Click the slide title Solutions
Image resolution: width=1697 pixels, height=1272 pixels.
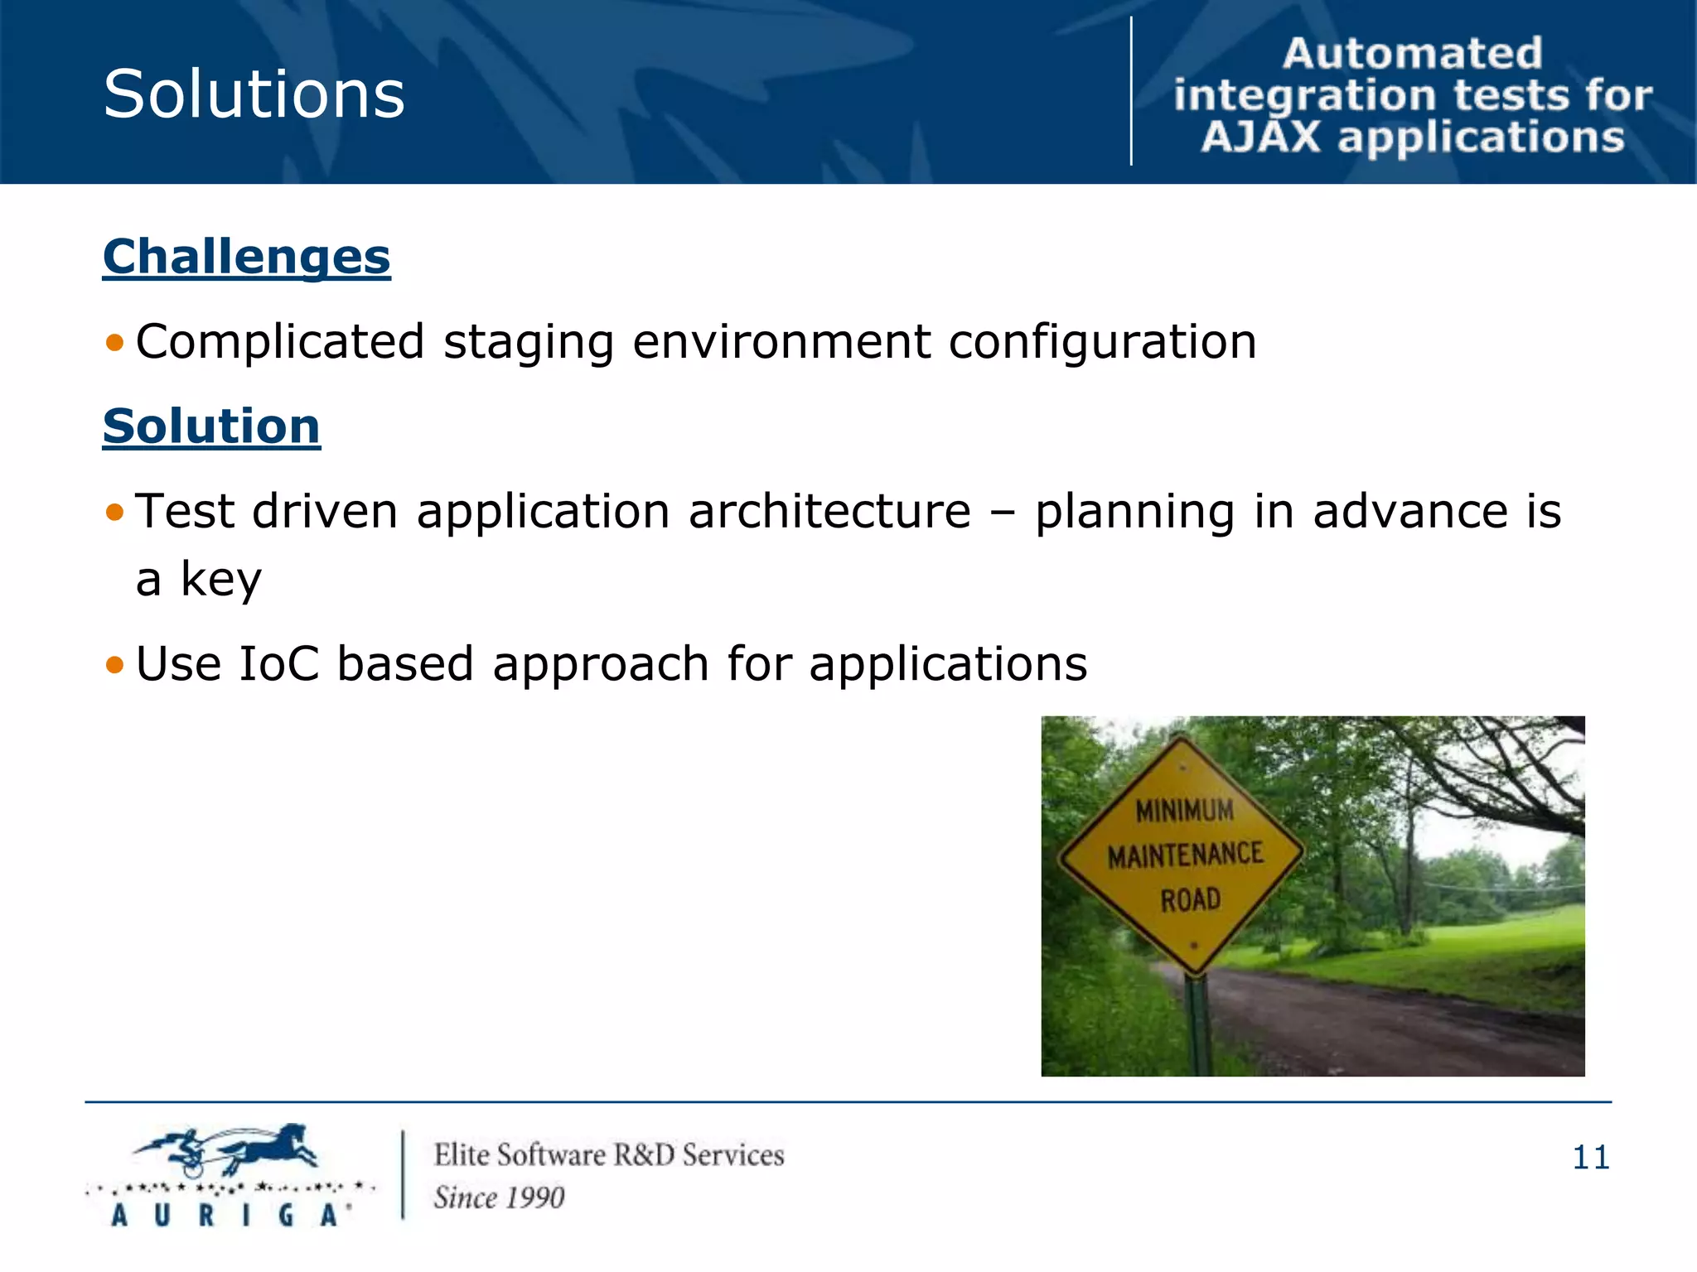coord(254,94)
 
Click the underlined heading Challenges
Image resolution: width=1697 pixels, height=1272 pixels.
coord(246,256)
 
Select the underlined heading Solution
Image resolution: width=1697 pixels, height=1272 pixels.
coord(211,426)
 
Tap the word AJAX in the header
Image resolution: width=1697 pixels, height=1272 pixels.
coord(1260,137)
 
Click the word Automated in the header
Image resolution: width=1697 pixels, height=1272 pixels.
coord(1412,54)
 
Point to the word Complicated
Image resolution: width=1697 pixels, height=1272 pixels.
coord(280,341)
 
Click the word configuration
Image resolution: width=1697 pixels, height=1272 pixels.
coord(1102,341)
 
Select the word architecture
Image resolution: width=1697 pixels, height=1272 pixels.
coord(829,511)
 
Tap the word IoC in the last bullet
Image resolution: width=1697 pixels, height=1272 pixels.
coord(278,663)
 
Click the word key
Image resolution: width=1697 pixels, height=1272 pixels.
coord(220,579)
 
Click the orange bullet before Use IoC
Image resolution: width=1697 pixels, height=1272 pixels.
coord(114,664)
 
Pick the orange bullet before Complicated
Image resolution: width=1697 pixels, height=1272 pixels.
coord(114,342)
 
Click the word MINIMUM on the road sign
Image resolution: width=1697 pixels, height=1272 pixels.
coord(1184,811)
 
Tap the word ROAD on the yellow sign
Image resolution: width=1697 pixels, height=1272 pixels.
coord(1190,899)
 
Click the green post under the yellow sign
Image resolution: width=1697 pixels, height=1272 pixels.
coord(1197,1027)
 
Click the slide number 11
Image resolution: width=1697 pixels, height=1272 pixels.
coord(1590,1157)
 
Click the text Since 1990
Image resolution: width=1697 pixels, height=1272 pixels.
coord(499,1197)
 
